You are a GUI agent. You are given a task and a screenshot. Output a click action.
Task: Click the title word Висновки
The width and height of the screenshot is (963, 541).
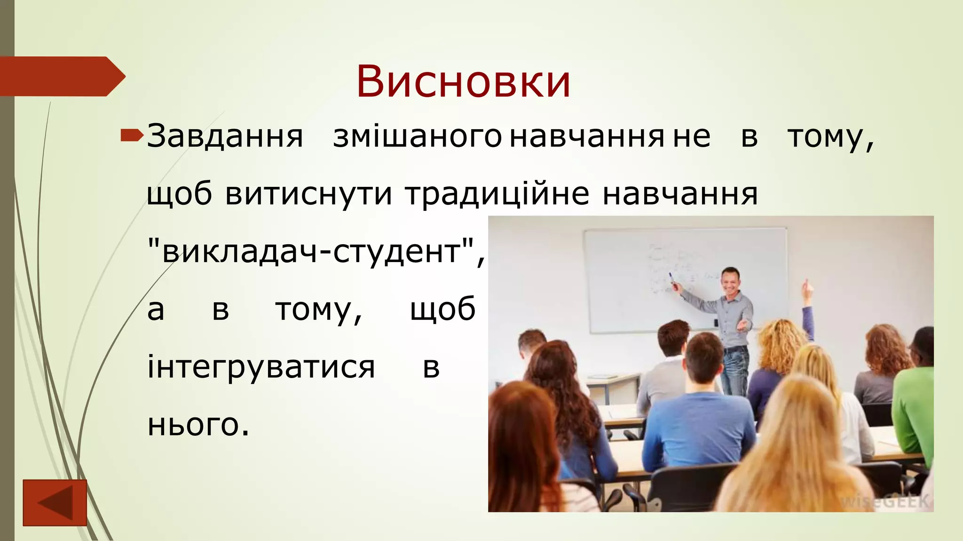click(463, 82)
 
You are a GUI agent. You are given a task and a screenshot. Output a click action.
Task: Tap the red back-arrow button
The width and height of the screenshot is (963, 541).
click(55, 502)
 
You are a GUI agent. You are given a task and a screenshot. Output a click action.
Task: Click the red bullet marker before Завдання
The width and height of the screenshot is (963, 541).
click(132, 136)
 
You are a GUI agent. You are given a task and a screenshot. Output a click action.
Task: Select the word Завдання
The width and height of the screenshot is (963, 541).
click(225, 137)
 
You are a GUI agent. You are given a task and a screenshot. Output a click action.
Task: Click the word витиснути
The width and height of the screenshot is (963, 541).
click(308, 194)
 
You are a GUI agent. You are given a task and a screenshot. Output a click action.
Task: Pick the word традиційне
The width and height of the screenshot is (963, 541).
click(497, 194)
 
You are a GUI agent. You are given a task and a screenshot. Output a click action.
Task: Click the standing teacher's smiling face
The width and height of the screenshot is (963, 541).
click(730, 280)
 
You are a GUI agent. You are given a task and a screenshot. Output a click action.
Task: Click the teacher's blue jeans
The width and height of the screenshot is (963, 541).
click(735, 371)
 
